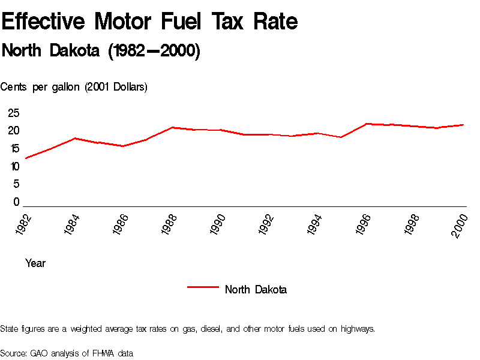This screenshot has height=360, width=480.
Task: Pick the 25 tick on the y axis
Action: click(x=14, y=113)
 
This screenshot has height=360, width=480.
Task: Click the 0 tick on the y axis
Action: click(x=17, y=202)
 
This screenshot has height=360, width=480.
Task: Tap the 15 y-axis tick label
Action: click(x=14, y=149)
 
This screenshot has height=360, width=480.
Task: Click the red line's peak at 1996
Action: click(x=367, y=124)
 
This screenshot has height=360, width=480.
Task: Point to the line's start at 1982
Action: click(x=26, y=158)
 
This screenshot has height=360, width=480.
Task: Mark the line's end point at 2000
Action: click(x=464, y=125)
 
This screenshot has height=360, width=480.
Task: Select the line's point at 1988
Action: click(x=172, y=127)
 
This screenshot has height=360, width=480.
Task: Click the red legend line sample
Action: click(x=202, y=287)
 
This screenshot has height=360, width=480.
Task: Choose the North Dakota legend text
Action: click(x=256, y=290)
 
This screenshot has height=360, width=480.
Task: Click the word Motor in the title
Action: click(x=127, y=22)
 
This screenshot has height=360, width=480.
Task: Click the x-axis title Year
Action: click(x=35, y=263)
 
